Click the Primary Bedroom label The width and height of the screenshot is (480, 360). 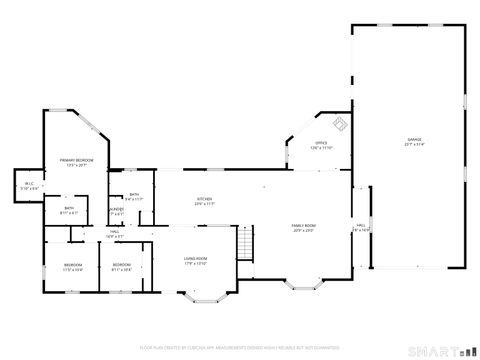[x=77, y=162]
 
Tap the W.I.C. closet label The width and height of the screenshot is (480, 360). [x=27, y=186]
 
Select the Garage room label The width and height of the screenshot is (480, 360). [x=414, y=141]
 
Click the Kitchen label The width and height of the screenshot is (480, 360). [x=204, y=201]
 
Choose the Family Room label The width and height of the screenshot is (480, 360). [x=303, y=229]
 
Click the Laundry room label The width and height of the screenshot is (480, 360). [x=118, y=211]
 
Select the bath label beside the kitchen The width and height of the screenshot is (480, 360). [x=134, y=197]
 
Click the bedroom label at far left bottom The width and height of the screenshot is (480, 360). [x=73, y=266]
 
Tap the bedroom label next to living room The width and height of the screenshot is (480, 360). [x=121, y=266]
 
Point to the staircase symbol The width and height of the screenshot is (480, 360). [x=246, y=242]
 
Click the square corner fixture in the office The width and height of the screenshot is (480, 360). [x=339, y=125]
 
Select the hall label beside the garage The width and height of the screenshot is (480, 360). [x=361, y=227]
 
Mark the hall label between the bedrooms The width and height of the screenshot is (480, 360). [x=115, y=235]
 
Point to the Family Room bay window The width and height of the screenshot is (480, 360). [x=303, y=285]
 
